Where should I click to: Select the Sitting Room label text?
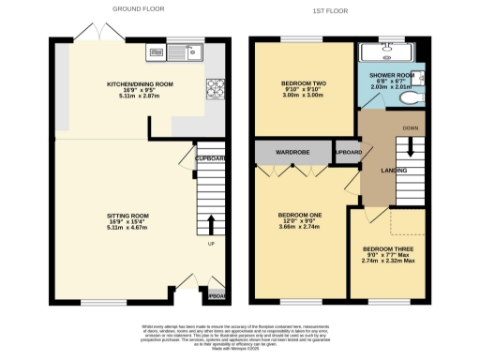(x=127, y=221)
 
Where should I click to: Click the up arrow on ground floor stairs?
(x=210, y=224)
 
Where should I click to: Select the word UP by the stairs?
(x=210, y=246)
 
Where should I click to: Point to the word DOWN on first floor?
(x=410, y=127)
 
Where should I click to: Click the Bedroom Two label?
(x=302, y=89)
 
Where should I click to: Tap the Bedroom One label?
(x=299, y=219)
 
